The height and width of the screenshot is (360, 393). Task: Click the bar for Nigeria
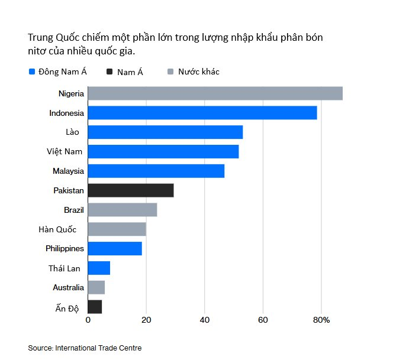(215, 93)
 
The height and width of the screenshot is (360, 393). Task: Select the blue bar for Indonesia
(202, 113)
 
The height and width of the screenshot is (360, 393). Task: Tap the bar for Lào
(165, 132)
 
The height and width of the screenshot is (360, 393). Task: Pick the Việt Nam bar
(163, 151)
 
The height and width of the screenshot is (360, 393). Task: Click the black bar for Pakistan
(130, 190)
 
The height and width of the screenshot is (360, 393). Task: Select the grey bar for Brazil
(122, 210)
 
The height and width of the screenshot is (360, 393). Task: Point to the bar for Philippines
(115, 248)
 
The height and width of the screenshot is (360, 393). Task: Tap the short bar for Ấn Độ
(95, 307)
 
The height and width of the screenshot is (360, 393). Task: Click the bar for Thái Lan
(99, 268)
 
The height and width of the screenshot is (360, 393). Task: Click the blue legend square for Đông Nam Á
(32, 72)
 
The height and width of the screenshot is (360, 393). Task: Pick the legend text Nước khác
(198, 72)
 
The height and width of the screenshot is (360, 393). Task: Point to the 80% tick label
(321, 320)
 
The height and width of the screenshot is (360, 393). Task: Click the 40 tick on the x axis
(205, 320)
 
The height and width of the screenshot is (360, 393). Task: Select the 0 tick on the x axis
(88, 320)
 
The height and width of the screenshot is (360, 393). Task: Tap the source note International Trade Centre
(98, 348)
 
